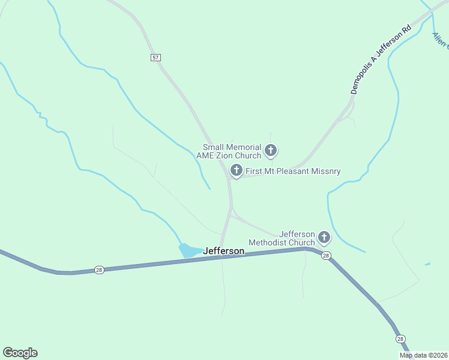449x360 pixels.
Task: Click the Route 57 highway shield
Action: (156, 57)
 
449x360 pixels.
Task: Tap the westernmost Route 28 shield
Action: (99, 270)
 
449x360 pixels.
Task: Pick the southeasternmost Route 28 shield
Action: (400, 339)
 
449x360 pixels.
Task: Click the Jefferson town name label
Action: (224, 251)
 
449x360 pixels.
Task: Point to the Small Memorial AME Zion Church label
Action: (232, 151)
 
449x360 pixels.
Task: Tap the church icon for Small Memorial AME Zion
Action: (271, 150)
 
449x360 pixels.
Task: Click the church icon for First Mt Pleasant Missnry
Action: (237, 170)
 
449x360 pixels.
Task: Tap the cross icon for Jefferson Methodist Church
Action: (324, 238)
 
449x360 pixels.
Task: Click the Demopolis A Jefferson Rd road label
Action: (381, 59)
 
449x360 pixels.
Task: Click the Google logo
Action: (20, 352)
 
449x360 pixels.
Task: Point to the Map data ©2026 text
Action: (423, 355)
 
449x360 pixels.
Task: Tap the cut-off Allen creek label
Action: (441, 40)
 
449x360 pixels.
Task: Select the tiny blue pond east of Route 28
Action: (427, 264)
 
